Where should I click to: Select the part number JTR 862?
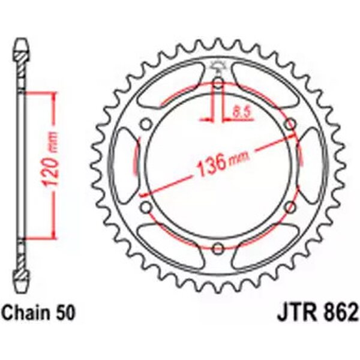[318, 313]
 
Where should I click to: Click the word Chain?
[26, 313]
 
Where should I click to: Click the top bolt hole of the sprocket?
[218, 83]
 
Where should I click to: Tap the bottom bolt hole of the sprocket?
[218, 248]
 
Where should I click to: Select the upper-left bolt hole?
[146, 125]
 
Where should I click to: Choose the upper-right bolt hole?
[290, 125]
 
